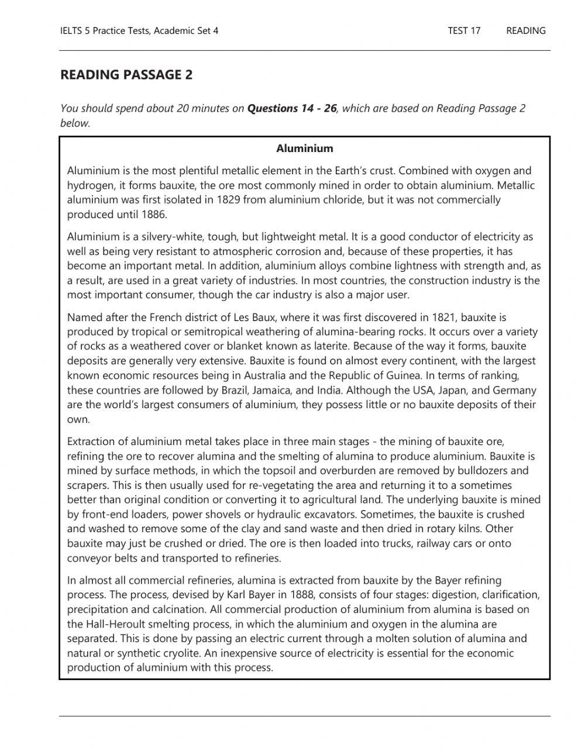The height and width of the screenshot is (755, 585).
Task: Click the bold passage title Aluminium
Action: pos(304,149)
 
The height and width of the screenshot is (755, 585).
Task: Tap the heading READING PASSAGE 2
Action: pos(126,75)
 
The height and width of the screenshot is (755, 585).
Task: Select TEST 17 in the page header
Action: pos(464,31)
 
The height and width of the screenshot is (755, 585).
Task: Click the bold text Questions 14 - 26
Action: pos(292,108)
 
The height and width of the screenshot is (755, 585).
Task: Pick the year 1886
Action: pos(154,215)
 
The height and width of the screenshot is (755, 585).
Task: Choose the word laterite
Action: pos(329,346)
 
